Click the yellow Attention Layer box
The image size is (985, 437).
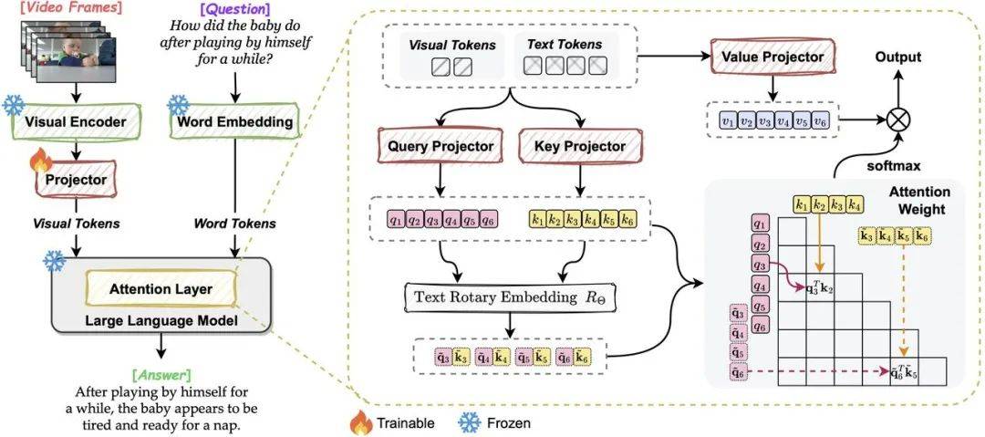tap(161, 289)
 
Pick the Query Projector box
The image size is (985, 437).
tap(441, 146)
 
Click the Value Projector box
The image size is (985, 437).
tap(772, 57)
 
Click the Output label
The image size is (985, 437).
tap(898, 57)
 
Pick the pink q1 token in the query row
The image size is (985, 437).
tap(394, 219)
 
